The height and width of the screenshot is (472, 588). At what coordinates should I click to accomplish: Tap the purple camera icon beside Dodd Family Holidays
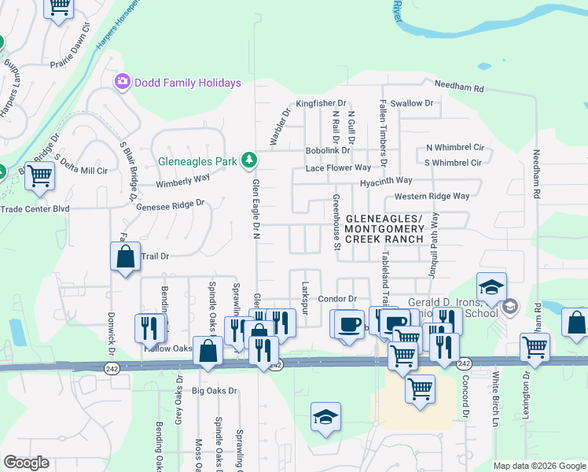click(122, 82)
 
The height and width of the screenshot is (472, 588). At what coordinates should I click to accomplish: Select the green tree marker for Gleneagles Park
click(248, 161)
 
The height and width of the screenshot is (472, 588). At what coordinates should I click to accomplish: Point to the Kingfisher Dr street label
click(321, 103)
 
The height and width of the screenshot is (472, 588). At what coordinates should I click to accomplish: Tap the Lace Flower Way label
click(338, 168)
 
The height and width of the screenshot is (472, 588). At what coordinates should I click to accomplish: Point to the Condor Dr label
click(337, 299)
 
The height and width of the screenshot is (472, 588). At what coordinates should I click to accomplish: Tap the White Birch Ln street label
click(496, 410)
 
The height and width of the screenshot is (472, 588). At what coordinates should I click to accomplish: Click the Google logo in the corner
click(26, 463)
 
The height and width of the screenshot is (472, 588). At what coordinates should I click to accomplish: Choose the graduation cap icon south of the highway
click(325, 418)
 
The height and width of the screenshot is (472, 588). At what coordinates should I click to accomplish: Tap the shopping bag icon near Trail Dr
click(125, 256)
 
